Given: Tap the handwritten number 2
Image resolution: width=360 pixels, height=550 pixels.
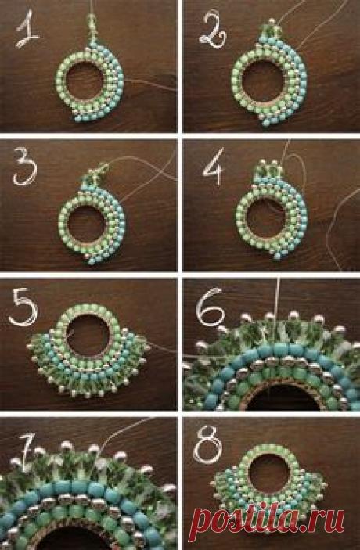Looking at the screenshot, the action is point(213,30).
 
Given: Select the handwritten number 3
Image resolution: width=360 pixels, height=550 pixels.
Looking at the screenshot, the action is point(24,167).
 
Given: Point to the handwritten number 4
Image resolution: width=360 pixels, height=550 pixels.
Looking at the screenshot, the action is point(214,167).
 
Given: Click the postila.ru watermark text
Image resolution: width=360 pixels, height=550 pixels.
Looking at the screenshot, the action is point(267,520).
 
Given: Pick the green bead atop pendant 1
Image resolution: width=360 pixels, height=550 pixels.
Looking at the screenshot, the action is point(92,16).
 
